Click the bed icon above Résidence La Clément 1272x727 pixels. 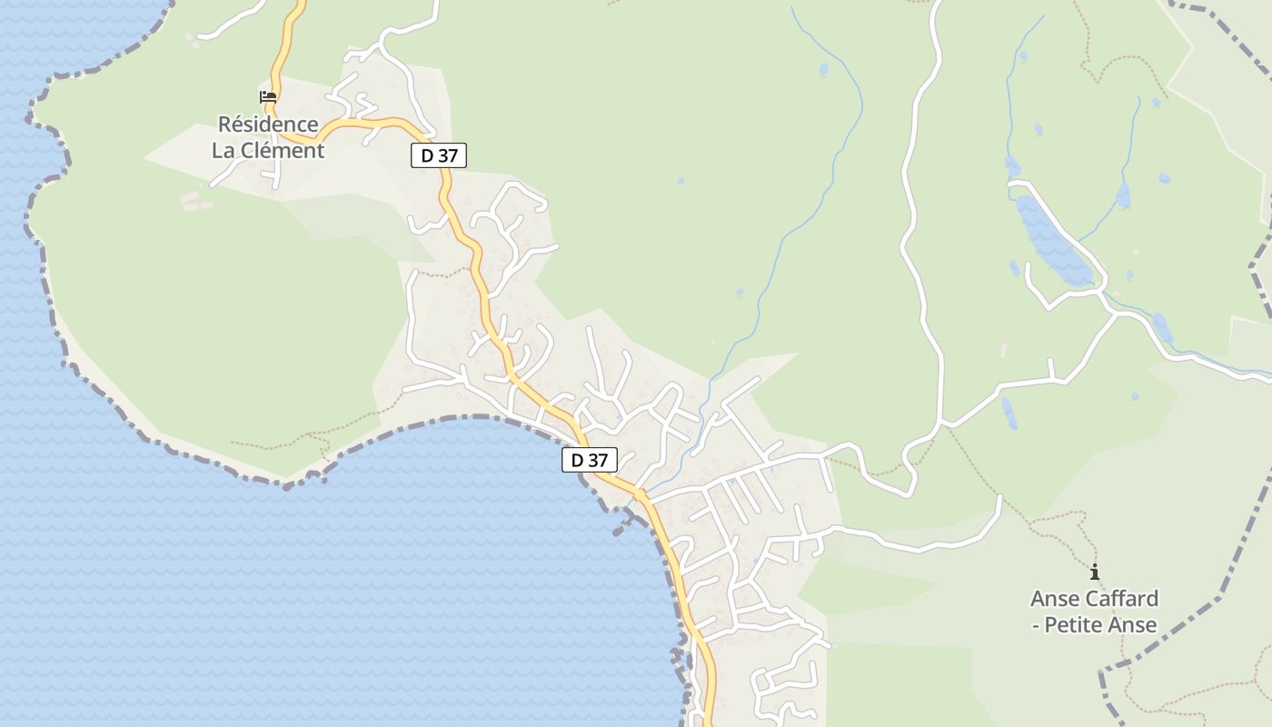pyautogui.click(x=268, y=96)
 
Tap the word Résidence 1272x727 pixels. pyautogui.click(x=268, y=124)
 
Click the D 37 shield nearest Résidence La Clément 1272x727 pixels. pyautogui.click(x=439, y=155)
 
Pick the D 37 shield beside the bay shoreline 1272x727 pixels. pyautogui.click(x=590, y=460)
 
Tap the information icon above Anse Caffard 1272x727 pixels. pyautogui.click(x=1095, y=573)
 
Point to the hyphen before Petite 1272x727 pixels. pyautogui.click(x=1035, y=625)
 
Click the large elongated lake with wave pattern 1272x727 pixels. pyautogui.click(x=1052, y=241)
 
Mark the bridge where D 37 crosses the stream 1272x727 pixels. pyautogui.click(x=640, y=494)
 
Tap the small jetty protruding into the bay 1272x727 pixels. pyautogui.click(x=621, y=524)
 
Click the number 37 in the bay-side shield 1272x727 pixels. pyautogui.click(x=597, y=460)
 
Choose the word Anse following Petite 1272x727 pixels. pyautogui.click(x=1132, y=625)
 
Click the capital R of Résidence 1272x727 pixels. pyautogui.click(x=224, y=124)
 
